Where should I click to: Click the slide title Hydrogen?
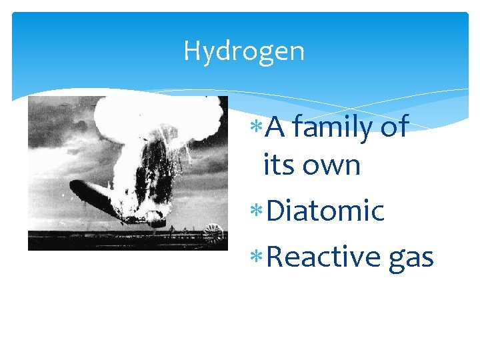coord(243,51)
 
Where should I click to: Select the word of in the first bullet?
coord(394,127)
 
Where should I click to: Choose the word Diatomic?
coord(325,211)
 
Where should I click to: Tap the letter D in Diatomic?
coord(275,211)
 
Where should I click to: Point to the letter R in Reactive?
coord(274,257)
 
